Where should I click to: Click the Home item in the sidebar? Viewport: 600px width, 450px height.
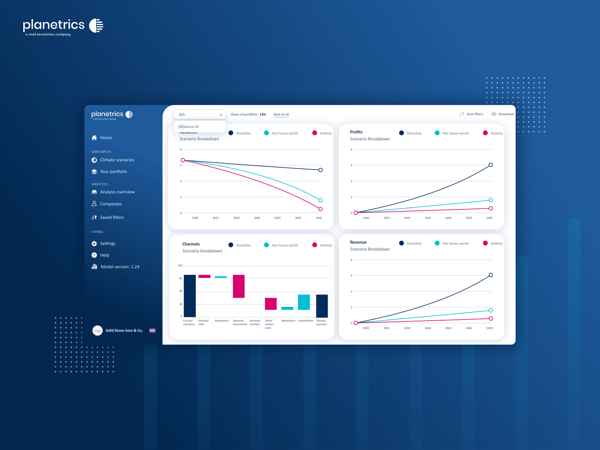tap(105, 138)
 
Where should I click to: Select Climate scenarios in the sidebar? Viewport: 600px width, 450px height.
tap(117, 160)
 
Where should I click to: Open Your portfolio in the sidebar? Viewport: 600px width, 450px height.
tap(113, 171)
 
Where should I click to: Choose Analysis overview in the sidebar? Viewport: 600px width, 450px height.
tap(117, 192)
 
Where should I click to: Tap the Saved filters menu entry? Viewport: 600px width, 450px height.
tap(111, 217)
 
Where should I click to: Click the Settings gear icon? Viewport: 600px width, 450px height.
tap(94, 244)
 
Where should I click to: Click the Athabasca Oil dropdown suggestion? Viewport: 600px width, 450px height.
tap(189, 127)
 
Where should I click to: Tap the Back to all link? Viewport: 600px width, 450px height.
tap(281, 114)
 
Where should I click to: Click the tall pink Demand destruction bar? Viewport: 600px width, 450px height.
tap(238, 286)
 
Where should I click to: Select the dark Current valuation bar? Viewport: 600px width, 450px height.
tap(190, 295)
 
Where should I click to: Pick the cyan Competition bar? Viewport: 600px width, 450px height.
tap(304, 302)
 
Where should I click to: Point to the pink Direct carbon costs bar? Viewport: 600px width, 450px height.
tap(271, 304)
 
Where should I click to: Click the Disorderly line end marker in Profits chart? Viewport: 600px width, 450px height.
tap(490, 165)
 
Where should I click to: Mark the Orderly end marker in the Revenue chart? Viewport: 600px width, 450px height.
tap(490, 319)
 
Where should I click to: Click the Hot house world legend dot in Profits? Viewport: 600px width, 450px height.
tap(437, 133)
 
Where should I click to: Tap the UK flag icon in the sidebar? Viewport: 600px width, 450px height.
tap(152, 330)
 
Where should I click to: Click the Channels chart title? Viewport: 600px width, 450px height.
tap(191, 244)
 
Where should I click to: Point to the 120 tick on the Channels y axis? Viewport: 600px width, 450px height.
tap(180, 265)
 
